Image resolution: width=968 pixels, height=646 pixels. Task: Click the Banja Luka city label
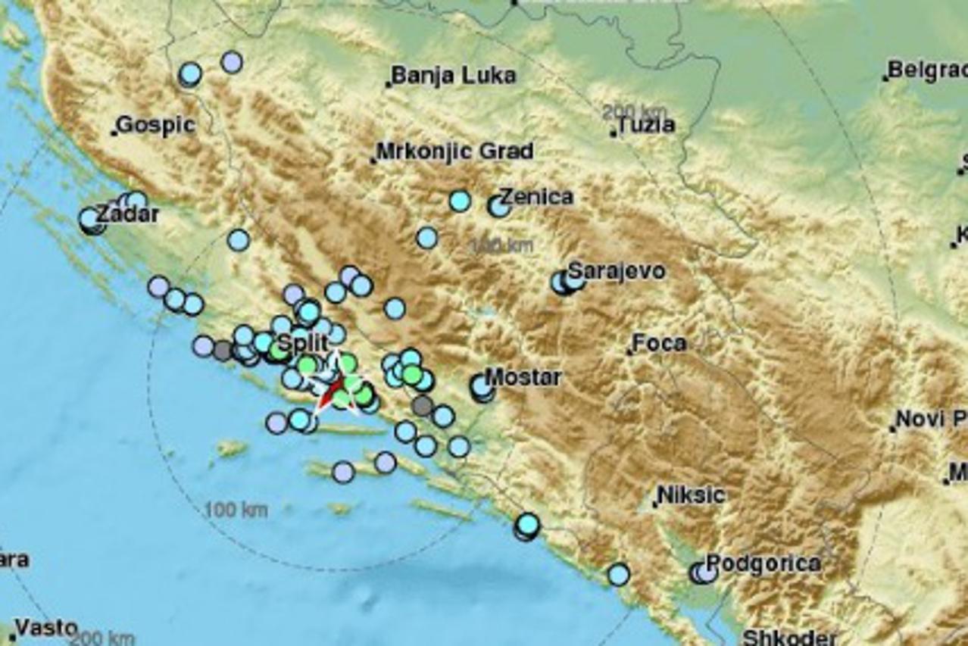(x=454, y=76)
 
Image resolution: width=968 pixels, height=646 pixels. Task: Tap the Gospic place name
(x=156, y=125)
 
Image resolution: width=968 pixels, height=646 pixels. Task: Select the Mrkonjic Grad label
(x=454, y=151)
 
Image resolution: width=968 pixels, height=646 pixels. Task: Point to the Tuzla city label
(x=646, y=126)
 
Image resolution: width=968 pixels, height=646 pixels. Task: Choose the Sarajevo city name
(x=617, y=270)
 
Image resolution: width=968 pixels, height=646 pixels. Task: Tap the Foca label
(x=659, y=343)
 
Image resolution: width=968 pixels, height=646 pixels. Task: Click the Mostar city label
(x=523, y=376)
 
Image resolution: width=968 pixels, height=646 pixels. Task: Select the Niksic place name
(x=691, y=495)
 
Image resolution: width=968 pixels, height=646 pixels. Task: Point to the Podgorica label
(x=763, y=563)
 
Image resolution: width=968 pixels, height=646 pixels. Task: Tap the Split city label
(x=302, y=342)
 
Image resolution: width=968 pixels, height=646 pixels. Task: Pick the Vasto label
(x=46, y=628)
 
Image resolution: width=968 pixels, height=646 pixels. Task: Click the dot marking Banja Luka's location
(x=388, y=84)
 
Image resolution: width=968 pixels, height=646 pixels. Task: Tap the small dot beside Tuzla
(x=614, y=134)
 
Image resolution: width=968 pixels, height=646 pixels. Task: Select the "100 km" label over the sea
(x=236, y=510)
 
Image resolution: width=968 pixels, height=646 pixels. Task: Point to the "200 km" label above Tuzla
(x=635, y=111)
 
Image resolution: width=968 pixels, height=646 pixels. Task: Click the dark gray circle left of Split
(x=223, y=350)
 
